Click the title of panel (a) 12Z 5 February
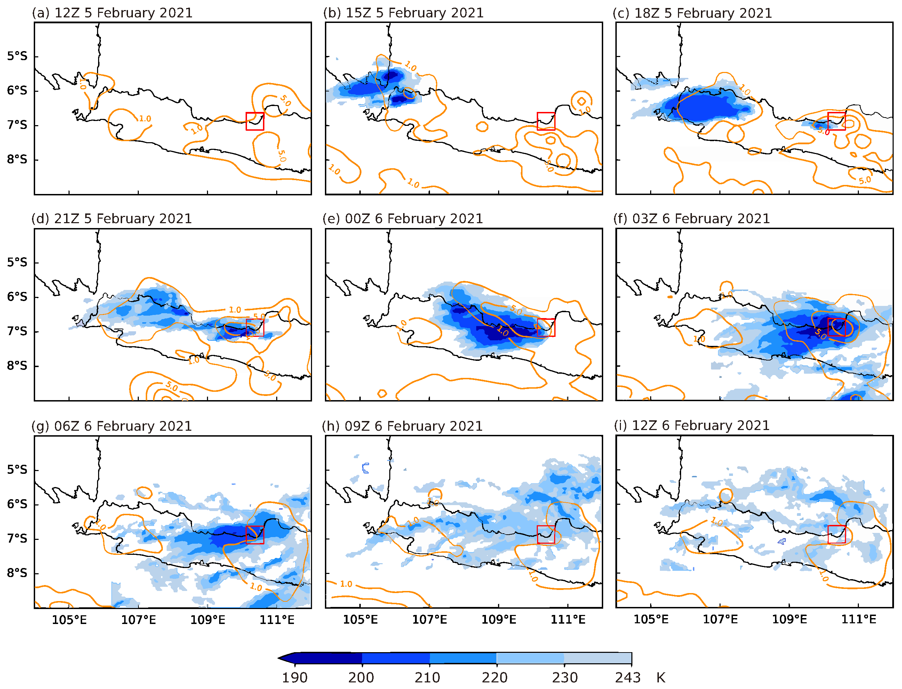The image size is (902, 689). [x=112, y=13]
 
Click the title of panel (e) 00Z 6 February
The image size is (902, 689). [x=402, y=219]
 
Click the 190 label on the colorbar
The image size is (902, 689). [x=294, y=677]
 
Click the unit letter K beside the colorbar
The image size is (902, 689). [x=660, y=677]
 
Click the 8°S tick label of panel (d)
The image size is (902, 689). [x=17, y=365]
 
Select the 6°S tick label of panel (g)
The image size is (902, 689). [x=17, y=504]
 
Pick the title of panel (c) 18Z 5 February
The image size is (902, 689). [x=692, y=13]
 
